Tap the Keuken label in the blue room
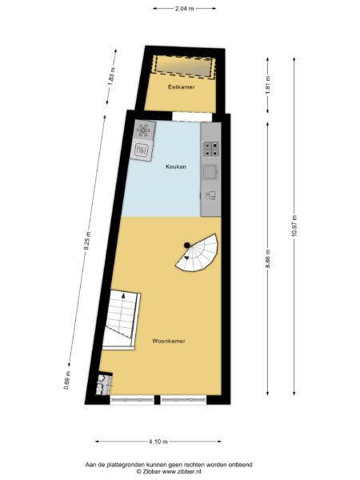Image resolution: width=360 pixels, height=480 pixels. pyautogui.click(x=176, y=166)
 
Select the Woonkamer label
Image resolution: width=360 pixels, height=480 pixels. pyautogui.click(x=168, y=341)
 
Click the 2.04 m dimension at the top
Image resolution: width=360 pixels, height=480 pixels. pyautogui.click(x=184, y=7)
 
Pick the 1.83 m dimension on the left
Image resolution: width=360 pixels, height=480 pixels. pyautogui.click(x=114, y=80)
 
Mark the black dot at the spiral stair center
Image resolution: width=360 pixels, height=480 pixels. pyautogui.click(x=186, y=245)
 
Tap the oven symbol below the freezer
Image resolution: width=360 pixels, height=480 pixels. pyautogui.click(x=143, y=149)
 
